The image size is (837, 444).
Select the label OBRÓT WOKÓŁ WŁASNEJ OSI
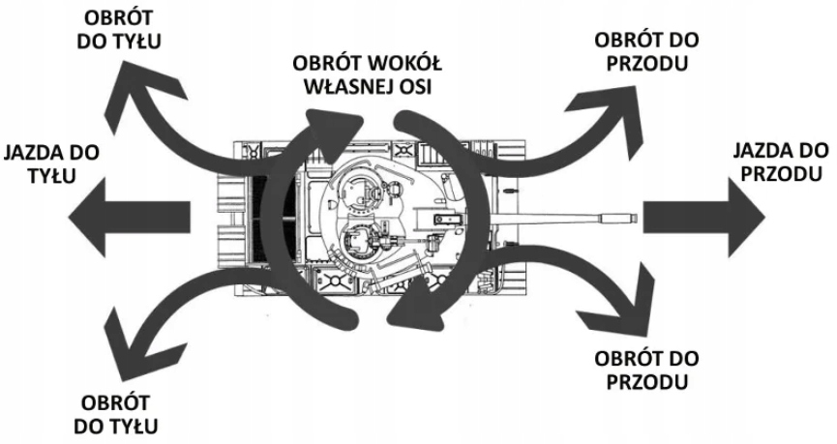pos(367,74)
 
